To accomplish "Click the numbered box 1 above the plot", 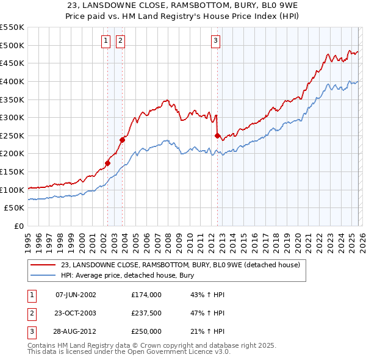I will click(106, 41).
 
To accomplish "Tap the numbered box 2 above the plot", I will click(120, 41).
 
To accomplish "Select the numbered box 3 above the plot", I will click(216, 41).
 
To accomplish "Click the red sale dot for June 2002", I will click(108, 163).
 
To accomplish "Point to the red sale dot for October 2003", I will click(123, 140).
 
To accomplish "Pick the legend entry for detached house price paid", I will click(180, 265).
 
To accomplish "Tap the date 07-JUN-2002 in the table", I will click(76, 295).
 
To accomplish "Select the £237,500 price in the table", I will click(146, 313).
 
